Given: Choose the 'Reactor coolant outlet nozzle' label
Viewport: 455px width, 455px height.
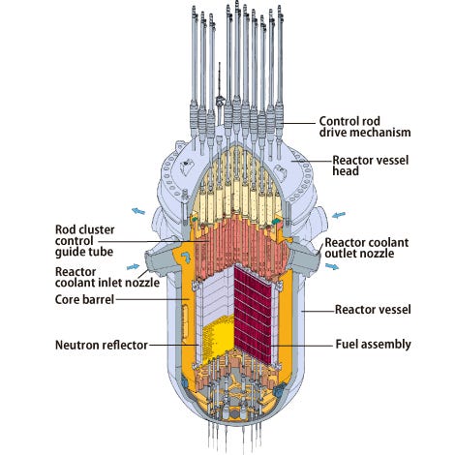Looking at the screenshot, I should coord(374,247).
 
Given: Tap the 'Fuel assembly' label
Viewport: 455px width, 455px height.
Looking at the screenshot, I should coord(374,343).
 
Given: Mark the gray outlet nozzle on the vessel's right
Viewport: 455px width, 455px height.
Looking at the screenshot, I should coord(308,254).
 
